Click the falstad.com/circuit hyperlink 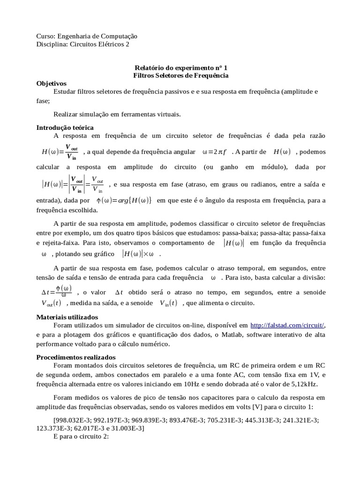pos(287,325)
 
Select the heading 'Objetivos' pos(52,83)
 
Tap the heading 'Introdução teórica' pos(65,127)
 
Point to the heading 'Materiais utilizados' pos(67,317)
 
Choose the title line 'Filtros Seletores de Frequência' pos(181,75)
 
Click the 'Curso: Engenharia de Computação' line pos(87,36)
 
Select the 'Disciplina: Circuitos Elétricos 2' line pos(82,44)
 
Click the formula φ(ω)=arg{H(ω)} pos(124,201)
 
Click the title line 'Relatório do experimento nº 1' pos(181,67)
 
